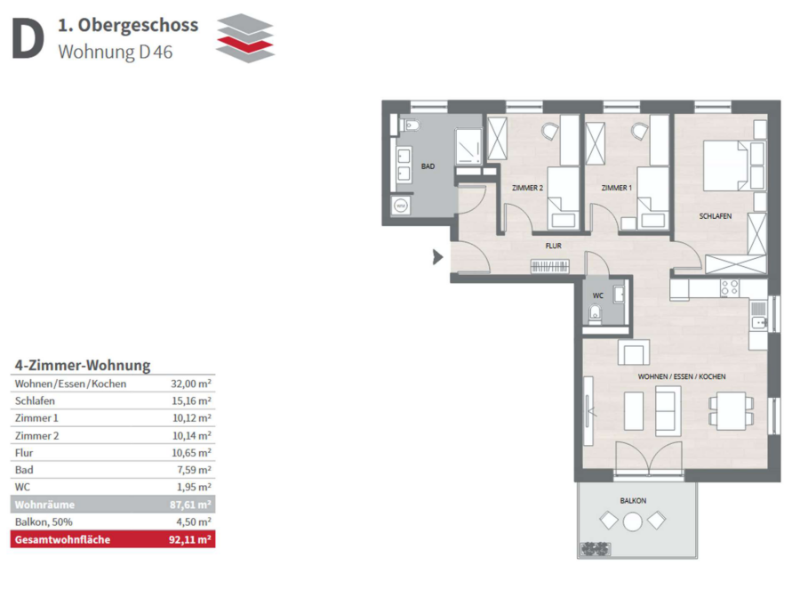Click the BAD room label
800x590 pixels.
pyautogui.click(x=428, y=166)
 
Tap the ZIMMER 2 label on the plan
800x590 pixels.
pyautogui.click(x=527, y=188)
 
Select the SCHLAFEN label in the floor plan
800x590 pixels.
pyautogui.click(x=716, y=216)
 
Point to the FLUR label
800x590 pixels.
pyautogui.click(x=554, y=246)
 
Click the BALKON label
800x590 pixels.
pyautogui.click(x=633, y=501)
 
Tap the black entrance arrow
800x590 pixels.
pyautogui.click(x=437, y=257)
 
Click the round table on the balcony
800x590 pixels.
pyautogui.click(x=633, y=521)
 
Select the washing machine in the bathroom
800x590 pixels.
pyautogui.click(x=401, y=206)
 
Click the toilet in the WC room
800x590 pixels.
pyautogui.click(x=595, y=313)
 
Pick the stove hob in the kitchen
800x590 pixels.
pyautogui.click(x=729, y=287)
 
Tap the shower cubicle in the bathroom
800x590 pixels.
pyautogui.click(x=468, y=147)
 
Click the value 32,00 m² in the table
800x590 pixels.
pyautogui.click(x=191, y=384)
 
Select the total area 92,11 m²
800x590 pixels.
pyautogui.click(x=190, y=539)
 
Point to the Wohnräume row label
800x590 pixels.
pyautogui.click(x=45, y=505)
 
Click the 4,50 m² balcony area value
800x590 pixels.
pyautogui.click(x=194, y=521)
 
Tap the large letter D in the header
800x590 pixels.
pyautogui.click(x=28, y=38)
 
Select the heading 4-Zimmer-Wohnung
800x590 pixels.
pyautogui.click(x=83, y=365)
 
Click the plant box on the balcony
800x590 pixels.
pyautogui.click(x=596, y=549)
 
